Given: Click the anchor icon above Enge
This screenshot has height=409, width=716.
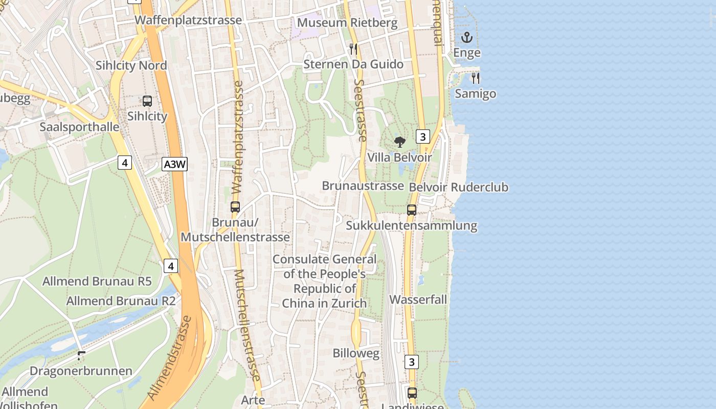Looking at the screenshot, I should coord(466,37).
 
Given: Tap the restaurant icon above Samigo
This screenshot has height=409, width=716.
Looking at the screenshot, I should coord(476,78).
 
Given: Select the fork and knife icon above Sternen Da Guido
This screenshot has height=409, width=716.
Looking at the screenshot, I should coord(353,49).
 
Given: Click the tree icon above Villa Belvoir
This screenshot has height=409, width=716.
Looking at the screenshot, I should coord(400,142).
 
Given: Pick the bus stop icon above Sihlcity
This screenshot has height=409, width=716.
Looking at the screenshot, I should coord(147,101).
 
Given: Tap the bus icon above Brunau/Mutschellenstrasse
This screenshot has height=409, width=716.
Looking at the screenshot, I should coord(235,207).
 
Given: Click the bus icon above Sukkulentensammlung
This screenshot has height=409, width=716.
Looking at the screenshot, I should coord(412,210).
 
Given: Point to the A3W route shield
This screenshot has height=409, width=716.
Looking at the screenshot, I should coord(175,164).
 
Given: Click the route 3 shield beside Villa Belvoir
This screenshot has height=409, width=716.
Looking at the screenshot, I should coord(422,137).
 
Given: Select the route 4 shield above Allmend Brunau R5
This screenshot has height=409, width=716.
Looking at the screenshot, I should coord(171,266).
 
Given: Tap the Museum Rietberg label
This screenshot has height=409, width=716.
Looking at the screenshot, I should coord(347,22).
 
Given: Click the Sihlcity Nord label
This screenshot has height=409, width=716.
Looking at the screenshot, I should coord(131,65).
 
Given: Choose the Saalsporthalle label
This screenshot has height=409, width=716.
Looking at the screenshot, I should coord(79,127).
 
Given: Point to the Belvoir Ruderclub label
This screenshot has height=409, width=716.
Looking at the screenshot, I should coord(459,187).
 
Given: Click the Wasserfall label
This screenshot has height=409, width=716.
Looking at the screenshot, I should coord(418,300).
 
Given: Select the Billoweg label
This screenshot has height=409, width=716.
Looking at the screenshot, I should coord(356,353).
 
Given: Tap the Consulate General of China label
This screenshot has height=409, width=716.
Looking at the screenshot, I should coord(324,281).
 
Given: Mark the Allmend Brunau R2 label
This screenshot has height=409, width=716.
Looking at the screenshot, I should coord(121,301).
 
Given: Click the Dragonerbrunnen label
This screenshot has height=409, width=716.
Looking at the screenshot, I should coord(81,371).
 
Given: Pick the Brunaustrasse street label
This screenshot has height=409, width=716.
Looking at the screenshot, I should coord(363,186).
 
